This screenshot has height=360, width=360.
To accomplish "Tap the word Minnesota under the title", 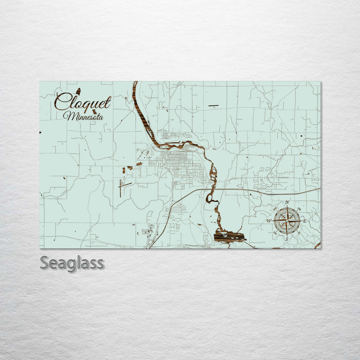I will click(x=83, y=116).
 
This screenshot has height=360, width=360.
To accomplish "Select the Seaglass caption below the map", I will click(x=72, y=263).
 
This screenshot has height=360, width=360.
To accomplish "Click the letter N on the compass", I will click(x=287, y=202).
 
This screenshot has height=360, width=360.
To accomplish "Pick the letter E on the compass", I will click(x=305, y=221).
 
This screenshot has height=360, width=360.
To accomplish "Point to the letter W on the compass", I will click(x=269, y=221).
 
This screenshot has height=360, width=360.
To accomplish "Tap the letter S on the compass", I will click(x=287, y=239).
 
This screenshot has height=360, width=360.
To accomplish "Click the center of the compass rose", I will click(x=287, y=220).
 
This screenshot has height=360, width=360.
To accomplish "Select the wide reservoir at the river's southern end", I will click(x=229, y=236).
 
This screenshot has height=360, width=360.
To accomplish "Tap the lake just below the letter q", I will click(x=94, y=112).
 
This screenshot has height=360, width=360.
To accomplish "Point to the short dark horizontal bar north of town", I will click(x=213, y=106).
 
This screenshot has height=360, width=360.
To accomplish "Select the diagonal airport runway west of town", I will click(x=125, y=184).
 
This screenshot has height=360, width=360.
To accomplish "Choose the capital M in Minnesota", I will click(x=67, y=116).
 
